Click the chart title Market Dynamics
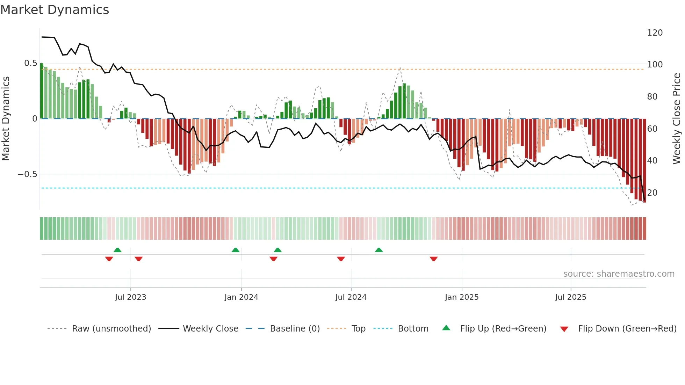pos(55,10)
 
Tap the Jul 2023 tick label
pos(130,297)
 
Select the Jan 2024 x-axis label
pos(241,297)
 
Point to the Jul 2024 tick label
pos(351,297)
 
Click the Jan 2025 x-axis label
pos(462,297)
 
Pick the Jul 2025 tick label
pos(571,297)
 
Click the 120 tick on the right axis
pos(655,33)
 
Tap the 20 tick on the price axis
pos(652,193)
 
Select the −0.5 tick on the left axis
pos(28,174)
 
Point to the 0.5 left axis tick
pos(30,63)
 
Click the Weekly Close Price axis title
pos(677,119)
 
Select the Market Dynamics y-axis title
pos(6,119)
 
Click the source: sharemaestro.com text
pos(619,274)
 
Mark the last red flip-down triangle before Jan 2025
pos(434,259)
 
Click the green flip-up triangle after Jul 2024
pos(379,250)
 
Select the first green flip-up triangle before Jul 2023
pos(117,250)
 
